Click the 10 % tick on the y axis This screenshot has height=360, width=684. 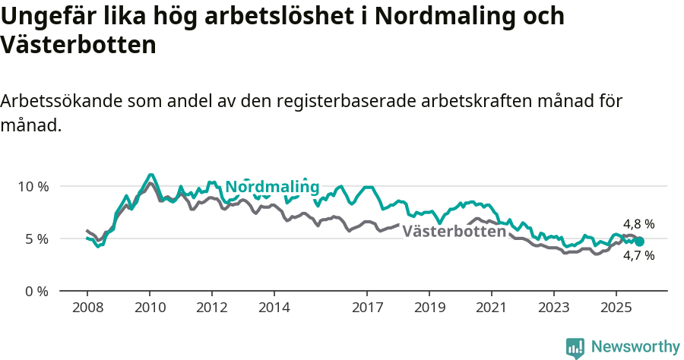click(33, 186)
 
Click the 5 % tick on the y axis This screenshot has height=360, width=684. click(36, 238)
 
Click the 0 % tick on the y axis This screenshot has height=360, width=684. click(36, 291)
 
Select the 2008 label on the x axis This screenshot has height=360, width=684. click(87, 308)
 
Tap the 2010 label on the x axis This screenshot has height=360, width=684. click(150, 308)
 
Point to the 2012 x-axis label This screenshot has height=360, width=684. click(212, 308)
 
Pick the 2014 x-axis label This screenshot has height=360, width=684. click(274, 308)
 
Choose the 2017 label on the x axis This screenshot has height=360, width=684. click(367, 308)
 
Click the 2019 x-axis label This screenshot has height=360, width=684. click(429, 308)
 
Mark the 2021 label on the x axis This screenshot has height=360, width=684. click(492, 308)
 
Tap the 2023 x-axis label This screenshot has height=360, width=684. click(553, 308)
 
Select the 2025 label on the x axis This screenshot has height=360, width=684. click(616, 308)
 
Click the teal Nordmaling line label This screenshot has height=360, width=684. click(272, 188)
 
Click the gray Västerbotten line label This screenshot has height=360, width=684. click(454, 231)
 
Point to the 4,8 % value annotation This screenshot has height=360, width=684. click(638, 224)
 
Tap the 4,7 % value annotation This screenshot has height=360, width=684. click(638, 256)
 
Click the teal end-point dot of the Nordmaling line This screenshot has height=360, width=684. click(639, 242)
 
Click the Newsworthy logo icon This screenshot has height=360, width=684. click(575, 348)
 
